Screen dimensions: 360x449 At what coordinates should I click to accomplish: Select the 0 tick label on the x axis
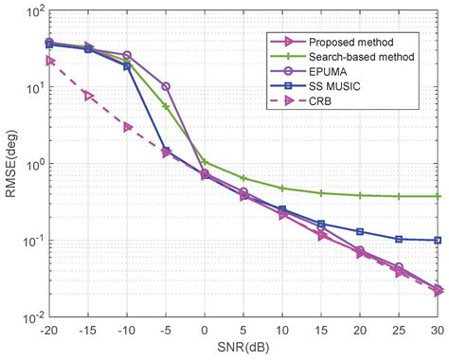click(205, 331)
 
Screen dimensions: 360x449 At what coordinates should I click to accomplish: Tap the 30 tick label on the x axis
click(437, 331)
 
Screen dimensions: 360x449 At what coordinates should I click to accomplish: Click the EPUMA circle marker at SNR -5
click(166, 86)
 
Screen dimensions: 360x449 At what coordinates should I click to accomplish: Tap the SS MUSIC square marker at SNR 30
click(437, 241)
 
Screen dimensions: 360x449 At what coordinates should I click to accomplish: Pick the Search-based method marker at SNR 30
click(437, 196)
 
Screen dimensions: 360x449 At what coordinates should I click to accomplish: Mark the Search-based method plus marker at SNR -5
click(166, 106)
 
